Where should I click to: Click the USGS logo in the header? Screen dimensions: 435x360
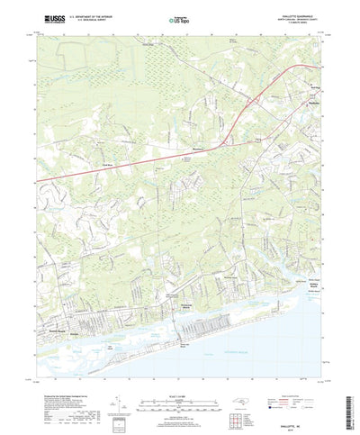point(43,16)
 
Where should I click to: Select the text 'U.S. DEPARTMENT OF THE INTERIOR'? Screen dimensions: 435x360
point(88,15)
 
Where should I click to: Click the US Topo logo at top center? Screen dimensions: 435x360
point(181,19)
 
